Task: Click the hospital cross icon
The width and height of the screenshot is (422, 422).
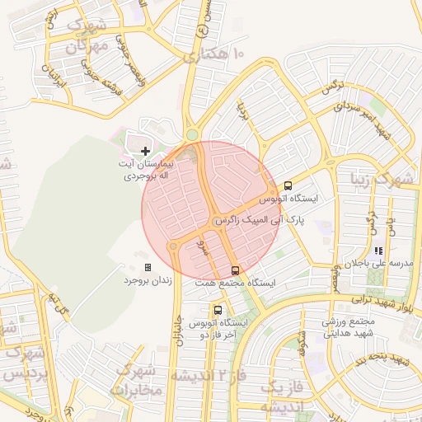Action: tap(146, 151)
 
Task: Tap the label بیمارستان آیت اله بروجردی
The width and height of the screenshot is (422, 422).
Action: tap(146, 170)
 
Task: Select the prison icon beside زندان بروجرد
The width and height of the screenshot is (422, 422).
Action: tap(148, 268)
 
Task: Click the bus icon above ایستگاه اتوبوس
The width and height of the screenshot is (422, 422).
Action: tap(288, 185)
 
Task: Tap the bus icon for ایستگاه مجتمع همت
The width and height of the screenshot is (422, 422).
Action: tap(235, 270)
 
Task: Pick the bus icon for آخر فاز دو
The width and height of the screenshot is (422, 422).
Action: tap(217, 310)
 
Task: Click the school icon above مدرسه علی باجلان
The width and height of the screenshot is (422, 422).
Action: tap(378, 251)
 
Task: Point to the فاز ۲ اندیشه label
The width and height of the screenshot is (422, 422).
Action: tap(207, 376)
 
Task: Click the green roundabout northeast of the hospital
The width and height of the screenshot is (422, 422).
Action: tap(192, 134)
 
